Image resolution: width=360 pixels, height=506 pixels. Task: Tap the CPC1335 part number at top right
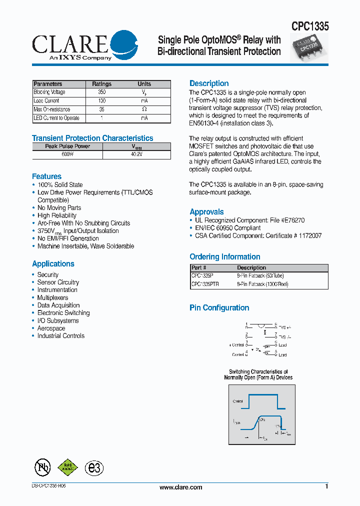click(x=310, y=26)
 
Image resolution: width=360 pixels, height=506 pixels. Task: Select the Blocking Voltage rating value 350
click(x=102, y=92)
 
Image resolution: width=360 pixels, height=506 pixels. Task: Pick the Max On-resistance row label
click(x=52, y=109)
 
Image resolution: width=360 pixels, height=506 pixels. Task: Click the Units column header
click(x=144, y=84)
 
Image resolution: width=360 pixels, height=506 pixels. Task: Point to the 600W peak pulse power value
click(x=67, y=155)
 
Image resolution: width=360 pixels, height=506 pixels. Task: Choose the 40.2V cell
click(x=136, y=155)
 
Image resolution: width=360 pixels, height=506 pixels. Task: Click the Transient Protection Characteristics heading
click(x=92, y=138)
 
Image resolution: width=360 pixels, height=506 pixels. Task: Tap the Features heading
click(x=46, y=176)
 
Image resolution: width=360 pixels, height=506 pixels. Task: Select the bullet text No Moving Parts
click(x=59, y=208)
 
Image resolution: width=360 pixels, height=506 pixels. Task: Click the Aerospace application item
click(x=51, y=328)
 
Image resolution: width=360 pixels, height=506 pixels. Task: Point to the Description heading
click(x=209, y=83)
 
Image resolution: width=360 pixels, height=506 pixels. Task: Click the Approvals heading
click(x=206, y=212)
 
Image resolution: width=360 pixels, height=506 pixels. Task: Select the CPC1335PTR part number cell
click(x=204, y=284)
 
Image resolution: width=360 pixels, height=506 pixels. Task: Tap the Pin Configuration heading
click(x=219, y=308)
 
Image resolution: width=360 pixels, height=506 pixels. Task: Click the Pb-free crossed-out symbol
click(x=42, y=467)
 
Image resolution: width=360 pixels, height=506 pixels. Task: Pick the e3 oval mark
click(x=94, y=468)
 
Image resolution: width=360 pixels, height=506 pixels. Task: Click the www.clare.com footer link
click(x=180, y=487)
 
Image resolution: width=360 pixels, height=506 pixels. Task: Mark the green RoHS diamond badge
click(x=68, y=467)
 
